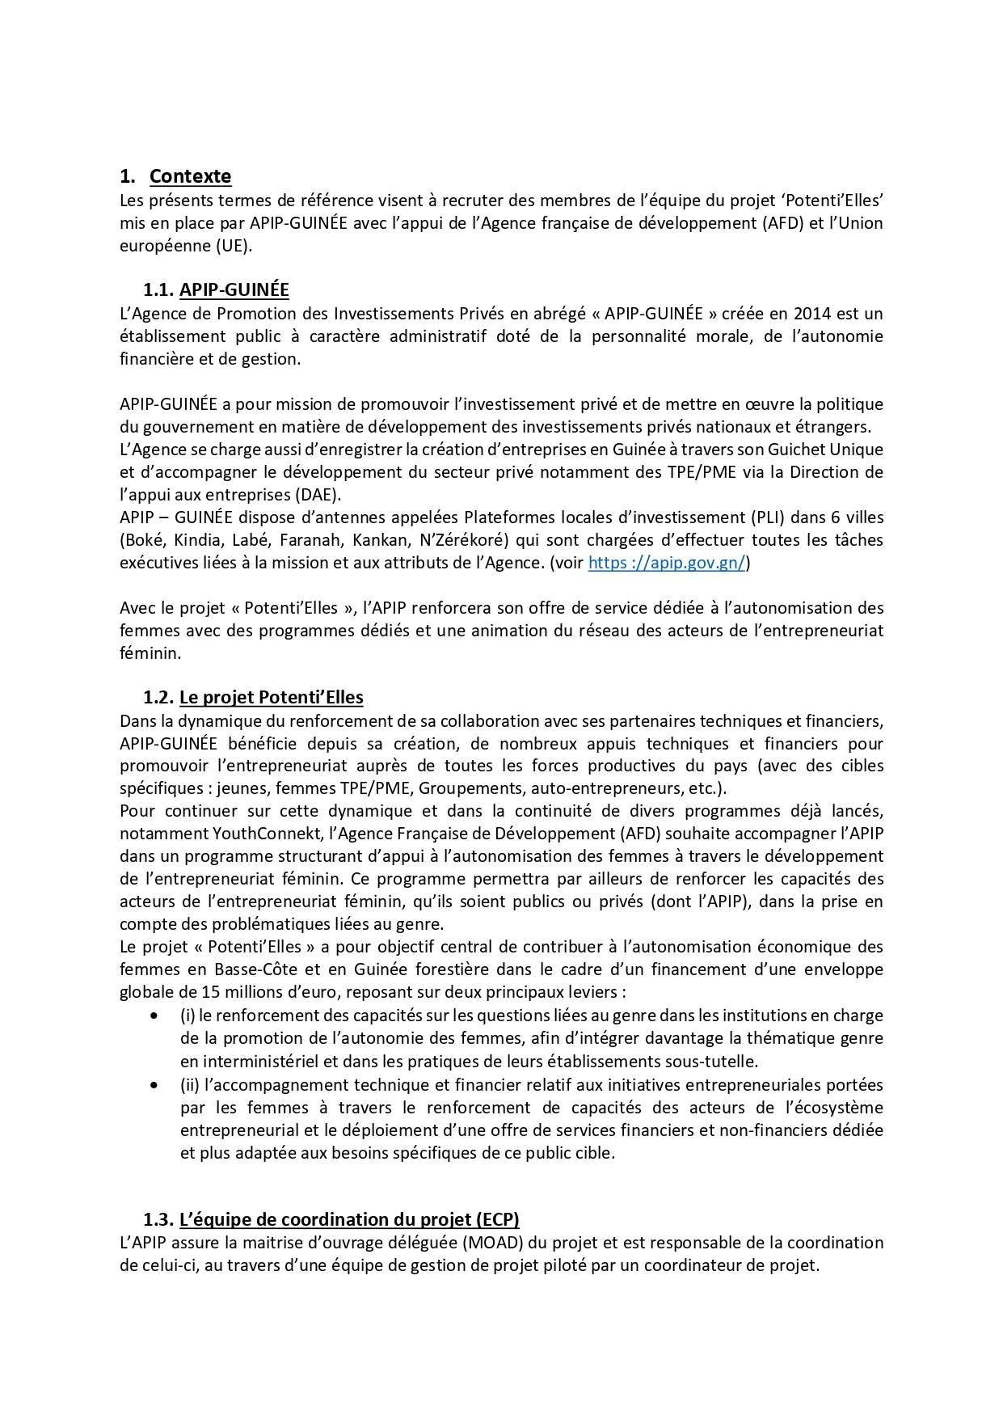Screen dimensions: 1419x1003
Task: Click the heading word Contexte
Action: [x=190, y=176]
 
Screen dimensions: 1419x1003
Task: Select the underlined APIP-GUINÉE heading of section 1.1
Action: [x=234, y=290]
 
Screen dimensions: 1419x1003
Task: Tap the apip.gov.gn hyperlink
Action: [x=666, y=564]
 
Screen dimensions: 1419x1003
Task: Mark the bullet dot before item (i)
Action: [x=154, y=1016]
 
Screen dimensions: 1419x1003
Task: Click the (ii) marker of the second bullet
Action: [x=190, y=1085]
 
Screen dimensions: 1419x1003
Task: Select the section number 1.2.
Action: [x=158, y=698]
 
